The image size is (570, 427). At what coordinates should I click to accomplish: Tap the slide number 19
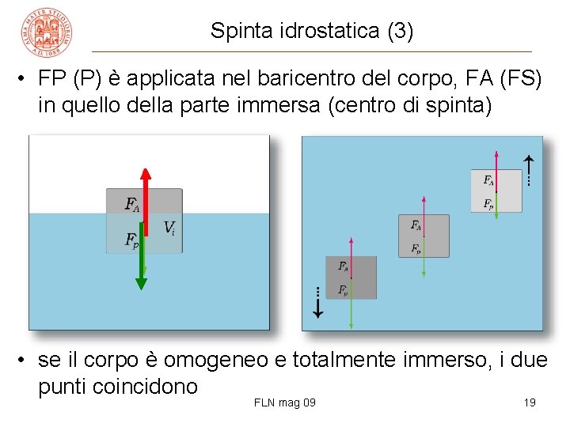point(530,403)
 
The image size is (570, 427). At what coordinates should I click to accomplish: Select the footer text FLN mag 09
point(285,403)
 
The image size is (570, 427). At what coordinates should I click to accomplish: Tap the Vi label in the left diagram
point(169,228)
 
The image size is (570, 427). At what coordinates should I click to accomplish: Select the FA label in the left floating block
point(132,204)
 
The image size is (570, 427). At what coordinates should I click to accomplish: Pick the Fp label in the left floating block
point(132,239)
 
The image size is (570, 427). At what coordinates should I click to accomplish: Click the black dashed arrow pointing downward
point(317,303)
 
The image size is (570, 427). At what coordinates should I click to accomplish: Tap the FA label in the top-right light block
point(488,180)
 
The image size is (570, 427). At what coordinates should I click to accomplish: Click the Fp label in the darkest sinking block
point(343,290)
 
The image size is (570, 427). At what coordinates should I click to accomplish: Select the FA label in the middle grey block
point(416,225)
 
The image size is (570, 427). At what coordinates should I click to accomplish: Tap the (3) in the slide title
point(401,31)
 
